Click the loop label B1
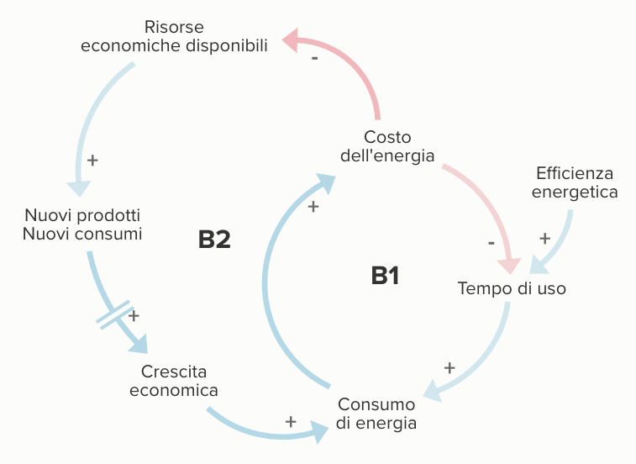point(385,275)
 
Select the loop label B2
point(214,240)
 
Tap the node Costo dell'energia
point(387,146)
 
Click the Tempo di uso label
point(512,289)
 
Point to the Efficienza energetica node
point(575,182)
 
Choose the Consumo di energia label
point(376,414)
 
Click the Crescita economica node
point(174,381)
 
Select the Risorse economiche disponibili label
point(174,37)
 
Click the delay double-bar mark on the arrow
point(116,314)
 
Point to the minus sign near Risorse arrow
point(314,59)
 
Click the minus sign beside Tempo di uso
point(491,244)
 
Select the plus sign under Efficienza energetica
point(544,238)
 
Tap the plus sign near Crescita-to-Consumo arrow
point(291,421)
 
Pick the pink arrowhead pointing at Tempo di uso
point(508,264)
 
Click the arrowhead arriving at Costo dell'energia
point(327,180)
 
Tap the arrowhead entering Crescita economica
point(137,342)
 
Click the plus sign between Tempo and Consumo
point(449,367)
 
